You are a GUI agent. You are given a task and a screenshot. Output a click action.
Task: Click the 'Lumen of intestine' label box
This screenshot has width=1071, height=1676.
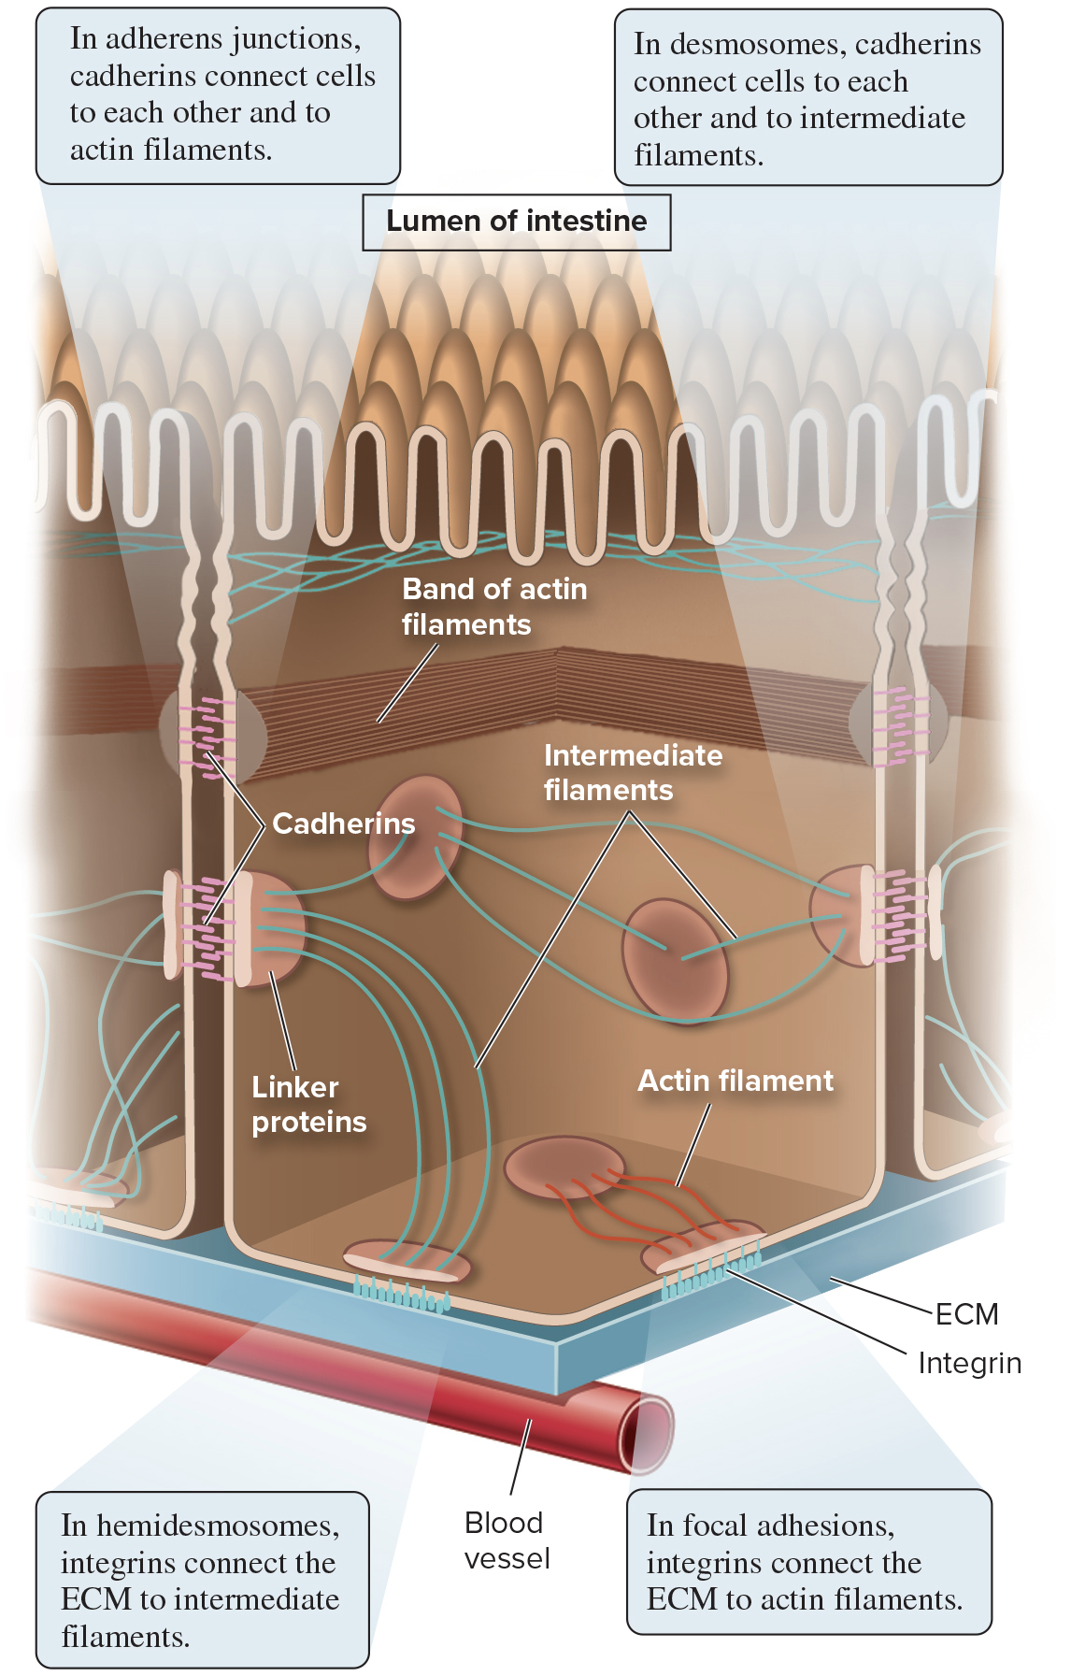(x=516, y=222)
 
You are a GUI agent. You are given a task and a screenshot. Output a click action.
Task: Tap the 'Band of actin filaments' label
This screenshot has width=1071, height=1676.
(x=493, y=607)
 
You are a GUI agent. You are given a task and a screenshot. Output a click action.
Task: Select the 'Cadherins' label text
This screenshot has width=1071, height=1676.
(x=343, y=824)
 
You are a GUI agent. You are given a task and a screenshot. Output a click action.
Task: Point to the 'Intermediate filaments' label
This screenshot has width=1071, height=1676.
(x=633, y=772)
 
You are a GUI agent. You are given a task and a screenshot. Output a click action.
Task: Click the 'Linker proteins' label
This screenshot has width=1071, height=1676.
(x=308, y=1104)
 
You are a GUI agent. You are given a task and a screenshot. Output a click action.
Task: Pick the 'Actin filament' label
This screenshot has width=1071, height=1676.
(x=735, y=1081)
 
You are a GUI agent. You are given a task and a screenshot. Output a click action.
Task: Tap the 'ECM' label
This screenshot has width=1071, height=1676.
(x=966, y=1314)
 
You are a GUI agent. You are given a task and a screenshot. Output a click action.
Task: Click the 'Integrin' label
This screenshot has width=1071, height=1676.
(x=969, y=1363)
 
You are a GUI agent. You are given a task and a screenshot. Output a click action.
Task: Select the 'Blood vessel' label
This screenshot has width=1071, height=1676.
(x=507, y=1540)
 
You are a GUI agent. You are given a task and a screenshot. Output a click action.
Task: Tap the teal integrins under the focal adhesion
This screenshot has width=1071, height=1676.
(x=710, y=1275)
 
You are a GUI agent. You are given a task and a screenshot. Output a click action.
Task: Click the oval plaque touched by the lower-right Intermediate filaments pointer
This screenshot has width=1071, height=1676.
(x=675, y=958)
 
